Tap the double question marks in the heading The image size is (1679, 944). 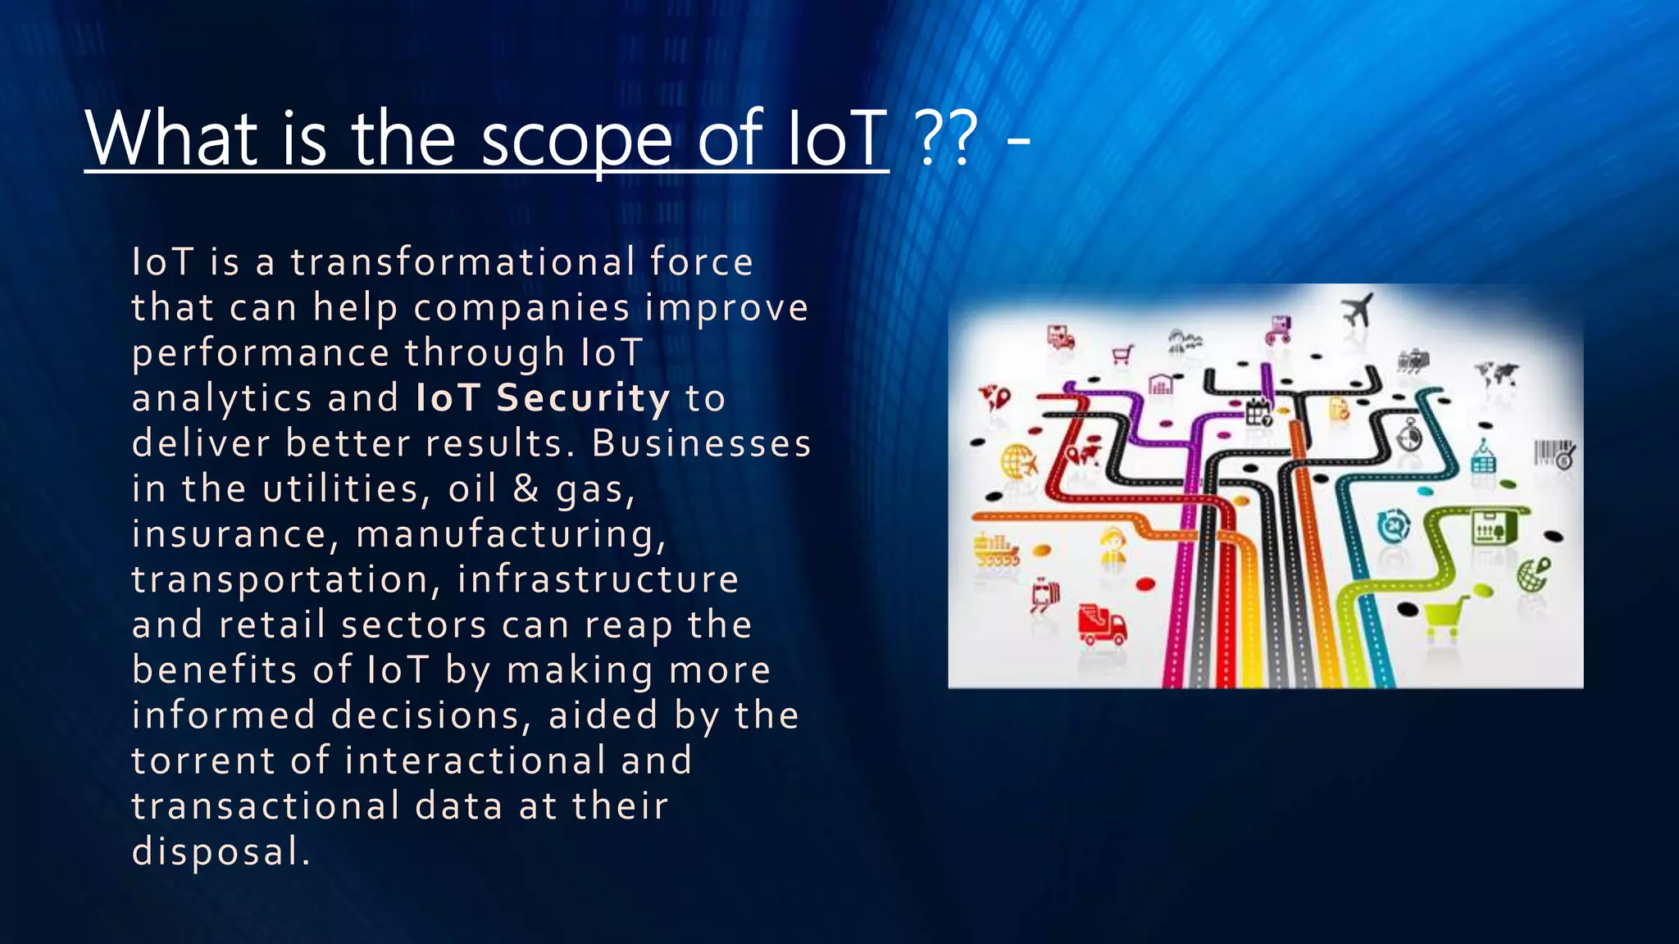coord(949,138)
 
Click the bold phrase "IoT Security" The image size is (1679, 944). coord(543,398)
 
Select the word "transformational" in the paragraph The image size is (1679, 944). coord(463,262)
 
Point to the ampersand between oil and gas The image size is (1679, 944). coord(526,488)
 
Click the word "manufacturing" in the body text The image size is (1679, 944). coord(510,534)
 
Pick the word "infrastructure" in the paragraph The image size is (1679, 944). coord(598,579)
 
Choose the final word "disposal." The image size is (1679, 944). coord(221,851)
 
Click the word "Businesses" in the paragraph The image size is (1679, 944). coord(702,443)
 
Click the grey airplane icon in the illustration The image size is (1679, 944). coord(1358,310)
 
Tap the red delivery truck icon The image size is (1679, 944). coord(1101,626)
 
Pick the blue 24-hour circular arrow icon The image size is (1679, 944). coord(1393,525)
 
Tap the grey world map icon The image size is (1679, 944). coord(1497,374)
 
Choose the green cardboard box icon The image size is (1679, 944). coord(1489,527)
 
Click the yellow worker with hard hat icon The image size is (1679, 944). coord(1113,545)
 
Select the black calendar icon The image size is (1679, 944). coord(1258,412)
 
